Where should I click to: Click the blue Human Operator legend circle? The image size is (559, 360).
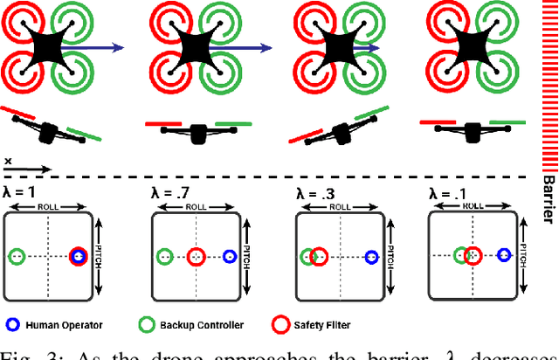click(11, 325)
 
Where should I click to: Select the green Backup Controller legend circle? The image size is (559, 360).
click(148, 325)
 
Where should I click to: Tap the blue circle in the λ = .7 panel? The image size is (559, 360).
click(230, 257)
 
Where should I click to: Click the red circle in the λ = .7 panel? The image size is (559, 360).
click(196, 257)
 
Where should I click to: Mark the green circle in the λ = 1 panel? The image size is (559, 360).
click(16, 257)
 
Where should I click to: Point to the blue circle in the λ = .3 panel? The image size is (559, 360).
click(371, 257)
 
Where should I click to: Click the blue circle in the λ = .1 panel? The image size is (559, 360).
click(503, 256)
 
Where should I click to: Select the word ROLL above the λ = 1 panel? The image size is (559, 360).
click(49, 207)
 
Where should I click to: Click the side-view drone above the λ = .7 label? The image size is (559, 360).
click(197, 131)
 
